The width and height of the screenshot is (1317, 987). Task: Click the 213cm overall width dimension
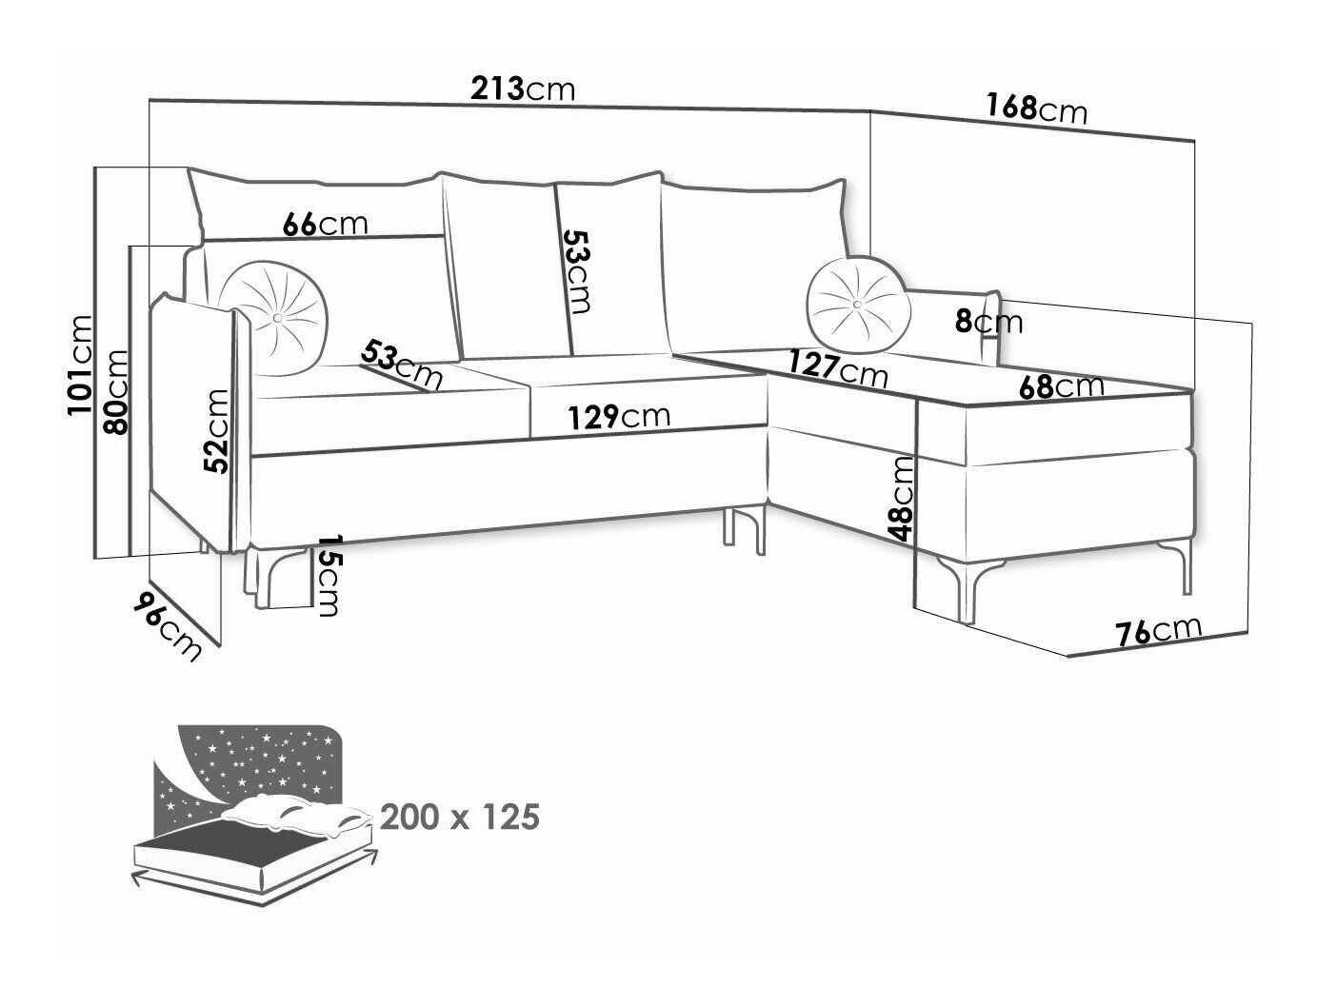click(x=524, y=89)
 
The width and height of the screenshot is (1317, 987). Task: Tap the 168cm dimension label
click(x=1036, y=108)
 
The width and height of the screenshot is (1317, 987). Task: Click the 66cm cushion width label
click(x=325, y=224)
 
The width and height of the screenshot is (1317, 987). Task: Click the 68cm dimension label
click(x=1061, y=386)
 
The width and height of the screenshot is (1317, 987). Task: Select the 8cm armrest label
click(x=988, y=322)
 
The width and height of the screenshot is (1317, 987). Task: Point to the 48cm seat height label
click(x=904, y=499)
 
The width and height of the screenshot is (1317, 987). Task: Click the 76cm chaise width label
click(x=1159, y=631)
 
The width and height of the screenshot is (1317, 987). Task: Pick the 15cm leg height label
click(x=327, y=574)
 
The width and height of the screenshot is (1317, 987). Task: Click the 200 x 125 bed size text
click(x=459, y=816)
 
